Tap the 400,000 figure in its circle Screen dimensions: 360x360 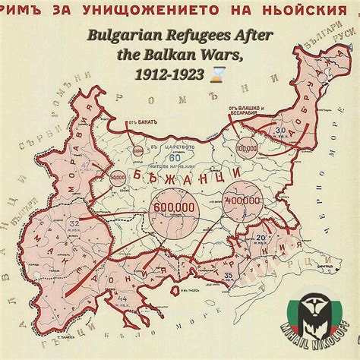tap(241, 201)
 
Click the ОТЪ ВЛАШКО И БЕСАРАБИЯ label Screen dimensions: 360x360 tap(242, 112)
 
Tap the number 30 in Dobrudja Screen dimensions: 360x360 tap(280, 130)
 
